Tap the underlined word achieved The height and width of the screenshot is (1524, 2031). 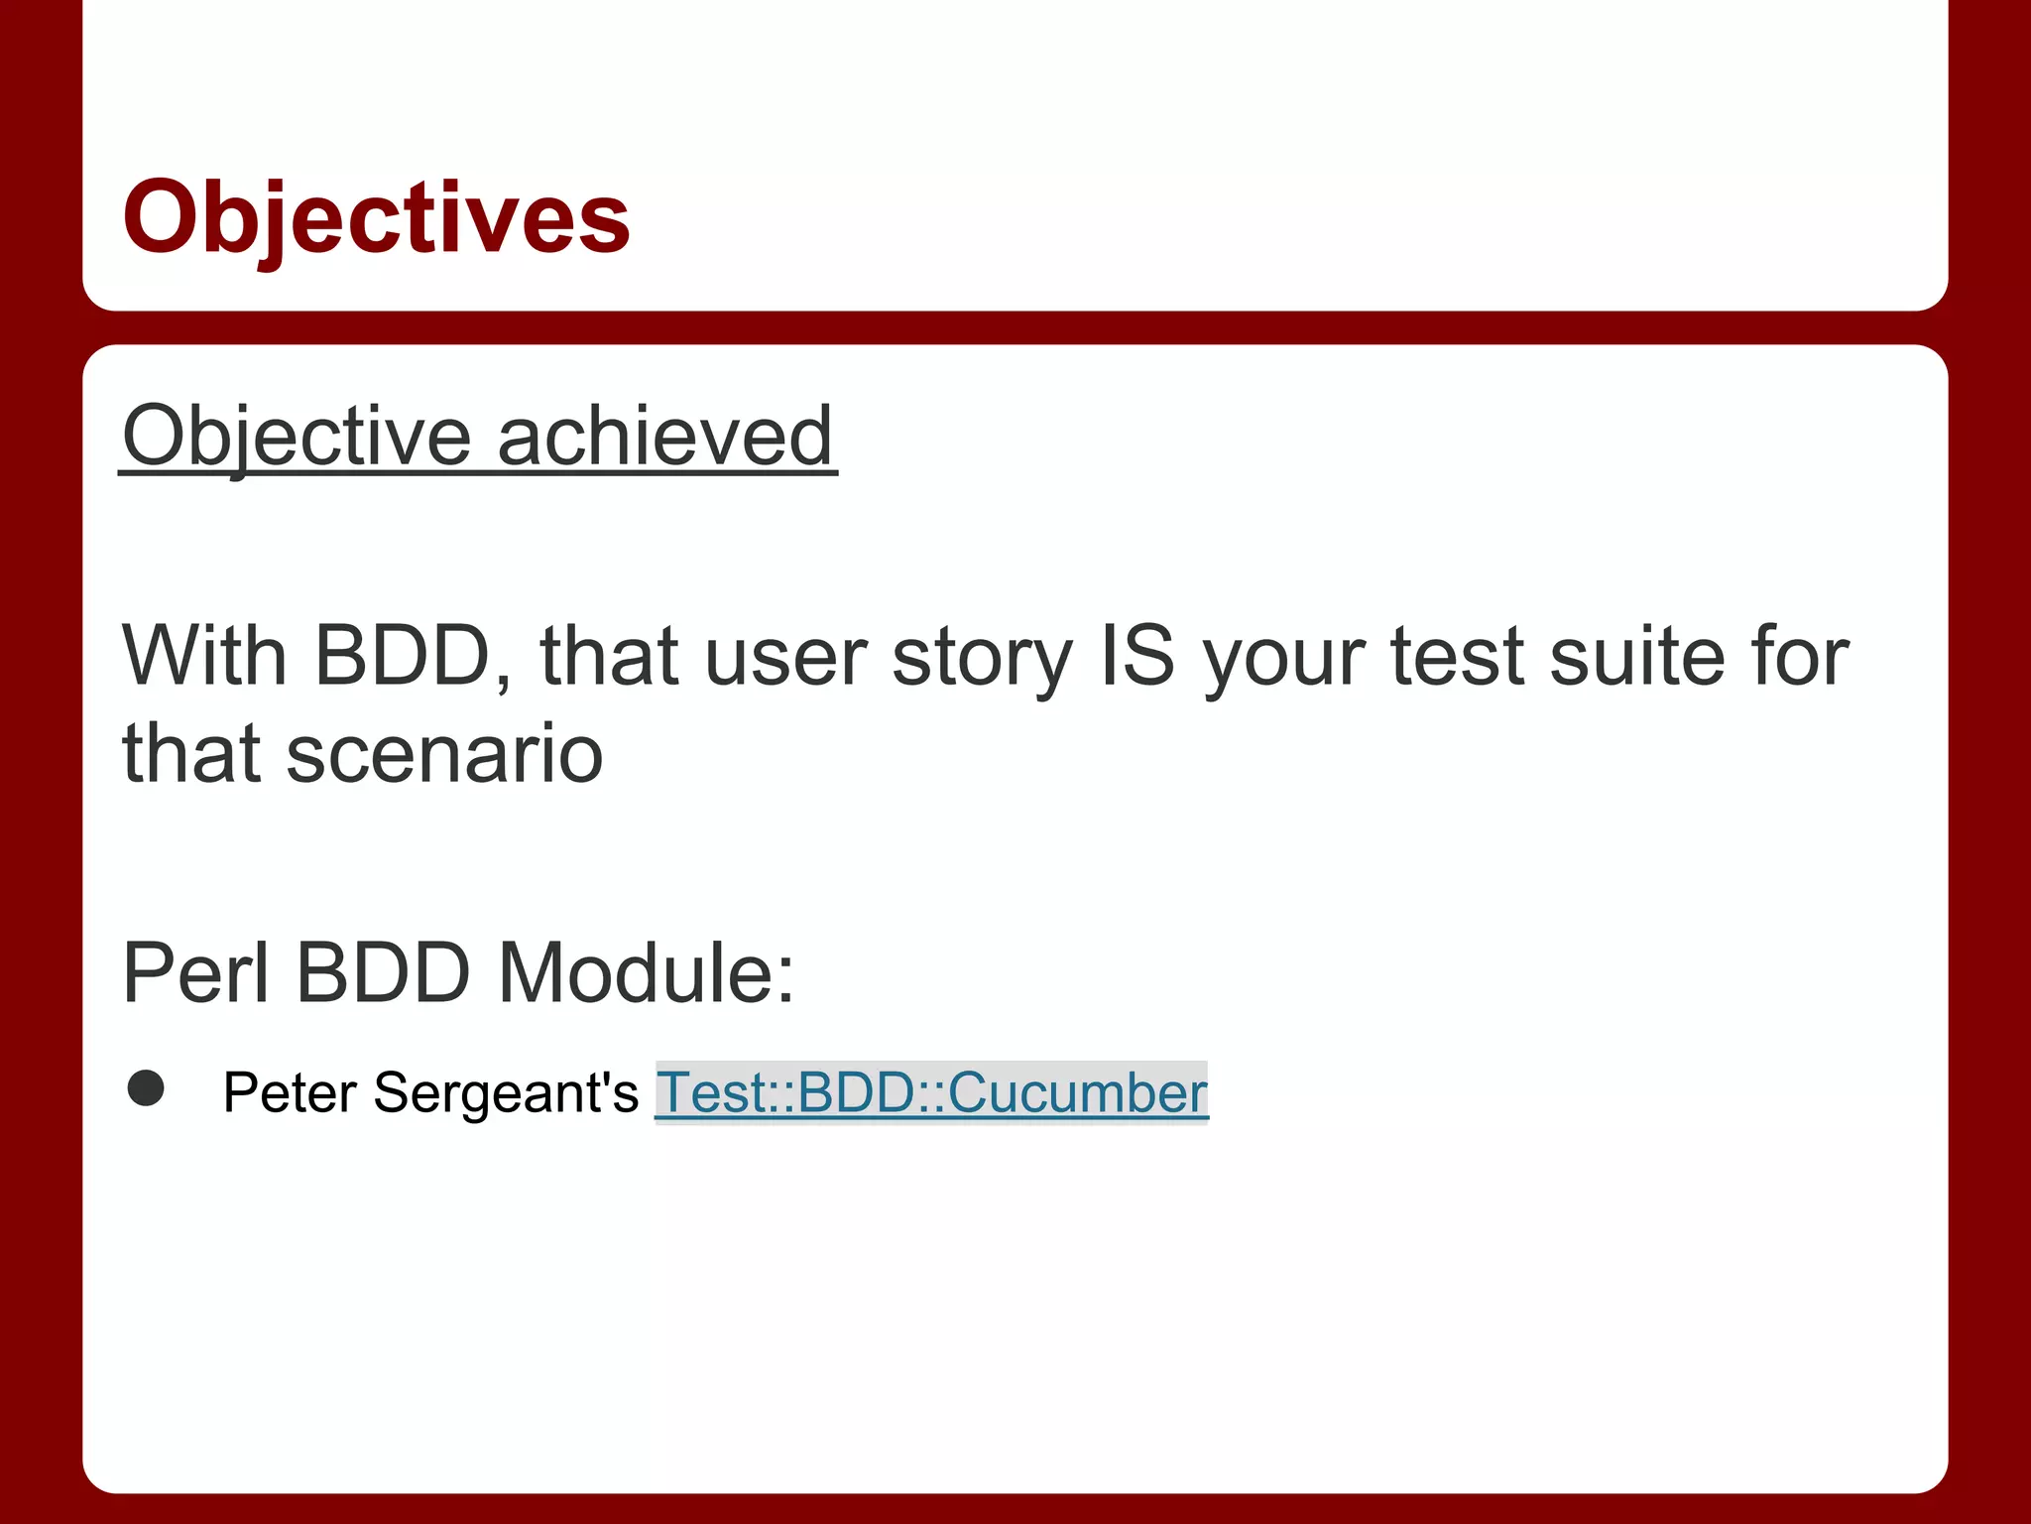[x=664, y=437]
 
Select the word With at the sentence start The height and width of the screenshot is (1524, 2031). [x=204, y=656]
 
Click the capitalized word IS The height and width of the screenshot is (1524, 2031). [x=1137, y=656]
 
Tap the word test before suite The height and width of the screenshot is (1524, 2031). [x=1457, y=658]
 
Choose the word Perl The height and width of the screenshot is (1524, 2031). [x=195, y=973]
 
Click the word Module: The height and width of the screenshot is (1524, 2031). [x=646, y=973]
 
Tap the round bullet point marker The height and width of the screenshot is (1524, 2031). [x=146, y=1088]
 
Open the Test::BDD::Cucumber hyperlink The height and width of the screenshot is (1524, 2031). [x=931, y=1092]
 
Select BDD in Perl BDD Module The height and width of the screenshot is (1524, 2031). [x=383, y=973]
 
